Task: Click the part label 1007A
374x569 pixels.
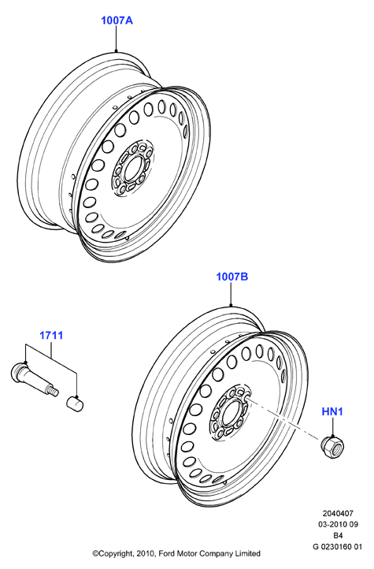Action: tap(117, 20)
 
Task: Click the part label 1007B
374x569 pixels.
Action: tap(232, 277)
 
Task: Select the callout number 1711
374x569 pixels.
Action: tap(51, 335)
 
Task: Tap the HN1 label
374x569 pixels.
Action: tap(332, 411)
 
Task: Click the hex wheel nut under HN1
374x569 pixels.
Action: tap(332, 445)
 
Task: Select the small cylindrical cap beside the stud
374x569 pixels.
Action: tap(75, 404)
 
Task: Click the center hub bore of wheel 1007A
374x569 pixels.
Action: tap(131, 169)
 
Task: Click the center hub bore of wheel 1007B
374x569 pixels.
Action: tap(229, 412)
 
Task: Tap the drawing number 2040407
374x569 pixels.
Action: tap(338, 514)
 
